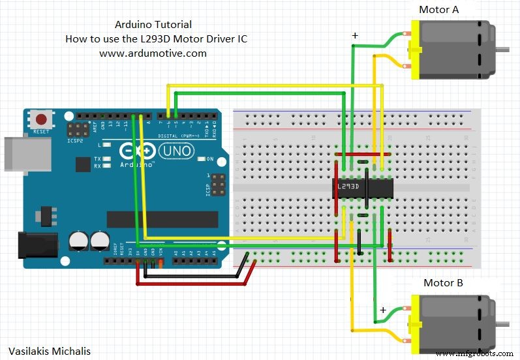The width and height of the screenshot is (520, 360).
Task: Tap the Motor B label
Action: click(443, 282)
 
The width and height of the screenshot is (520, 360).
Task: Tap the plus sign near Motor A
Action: click(354, 37)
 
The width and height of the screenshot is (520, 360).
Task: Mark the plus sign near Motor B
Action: click(383, 309)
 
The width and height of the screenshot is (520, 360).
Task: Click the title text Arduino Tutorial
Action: click(153, 24)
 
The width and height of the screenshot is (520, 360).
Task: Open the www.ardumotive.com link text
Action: click(153, 53)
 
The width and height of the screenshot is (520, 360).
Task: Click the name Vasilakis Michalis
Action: click(50, 351)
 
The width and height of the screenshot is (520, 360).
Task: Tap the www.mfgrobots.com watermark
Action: click(474, 353)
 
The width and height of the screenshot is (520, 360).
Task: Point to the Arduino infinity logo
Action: click(130, 151)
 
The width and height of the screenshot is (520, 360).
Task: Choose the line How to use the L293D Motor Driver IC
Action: click(156, 38)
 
